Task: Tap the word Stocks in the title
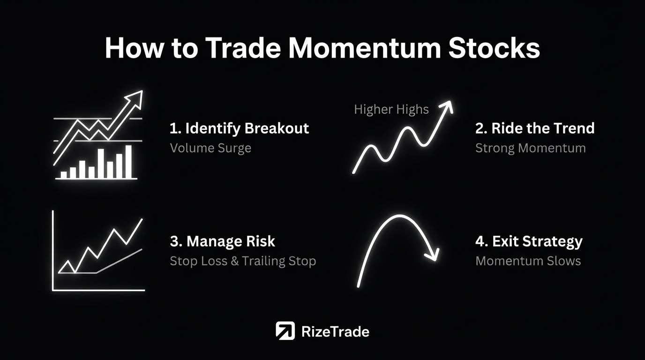click(x=494, y=48)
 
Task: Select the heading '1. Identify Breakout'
click(x=239, y=128)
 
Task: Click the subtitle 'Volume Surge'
click(x=210, y=148)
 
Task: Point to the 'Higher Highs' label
click(x=391, y=109)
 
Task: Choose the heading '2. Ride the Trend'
click(x=535, y=128)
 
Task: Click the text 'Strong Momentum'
click(x=531, y=148)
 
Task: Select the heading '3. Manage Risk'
click(x=222, y=241)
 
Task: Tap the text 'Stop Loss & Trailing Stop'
click(x=243, y=261)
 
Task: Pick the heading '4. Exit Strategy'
click(x=529, y=241)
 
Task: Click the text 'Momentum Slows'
click(x=528, y=261)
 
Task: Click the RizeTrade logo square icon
click(x=285, y=330)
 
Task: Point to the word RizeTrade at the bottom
click(x=335, y=332)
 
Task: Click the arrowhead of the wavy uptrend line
click(x=447, y=106)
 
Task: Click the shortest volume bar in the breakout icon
click(x=63, y=175)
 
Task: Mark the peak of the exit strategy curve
click(x=399, y=216)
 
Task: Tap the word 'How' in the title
click(x=134, y=48)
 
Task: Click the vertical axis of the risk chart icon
click(x=53, y=251)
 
